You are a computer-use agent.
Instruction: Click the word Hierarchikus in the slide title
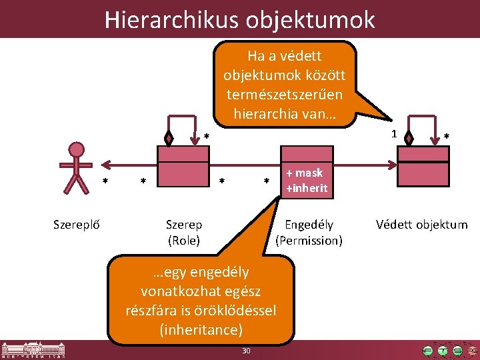[x=171, y=20]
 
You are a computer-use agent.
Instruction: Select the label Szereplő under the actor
[x=77, y=225]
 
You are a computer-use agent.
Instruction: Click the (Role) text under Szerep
[x=184, y=241]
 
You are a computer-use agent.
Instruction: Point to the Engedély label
[x=309, y=225]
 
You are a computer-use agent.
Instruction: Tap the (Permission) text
[x=309, y=241]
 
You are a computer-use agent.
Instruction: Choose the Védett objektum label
[x=421, y=225]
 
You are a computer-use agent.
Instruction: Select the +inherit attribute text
[x=307, y=188]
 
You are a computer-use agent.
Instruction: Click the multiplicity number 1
[x=395, y=133]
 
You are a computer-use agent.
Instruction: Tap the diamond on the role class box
[x=169, y=139]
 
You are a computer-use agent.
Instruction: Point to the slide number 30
[x=246, y=351]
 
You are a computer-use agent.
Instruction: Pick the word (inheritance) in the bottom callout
[x=201, y=329]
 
